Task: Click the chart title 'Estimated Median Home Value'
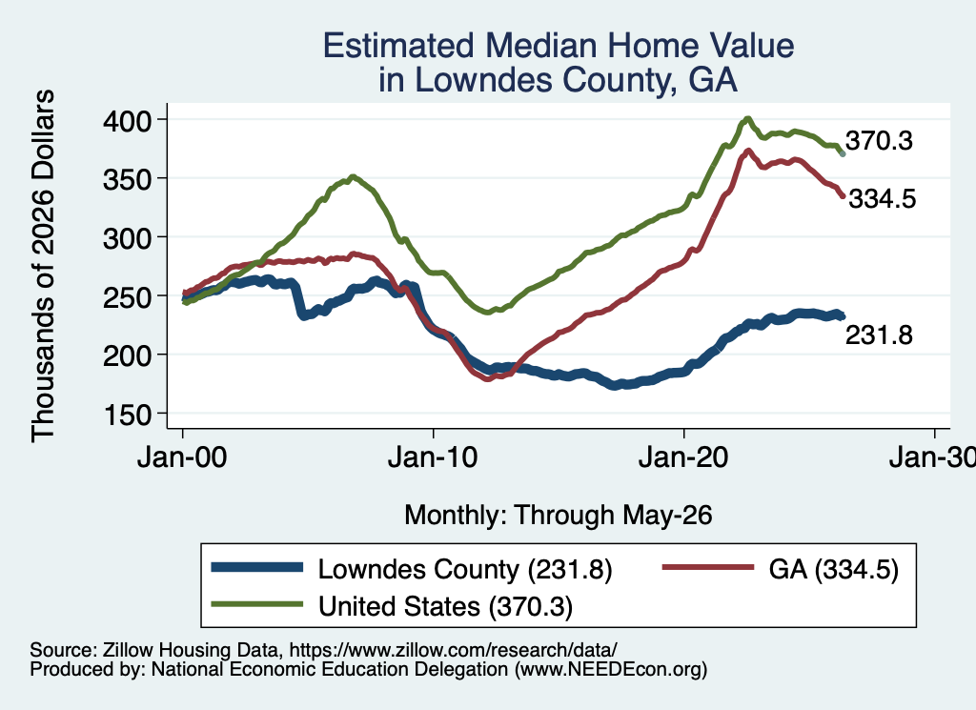559,46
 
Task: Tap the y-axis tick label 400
127,120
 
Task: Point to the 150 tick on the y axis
127,415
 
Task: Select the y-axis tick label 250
127,296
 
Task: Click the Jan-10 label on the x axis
433,458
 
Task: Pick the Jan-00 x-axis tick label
182,458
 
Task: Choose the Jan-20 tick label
683,458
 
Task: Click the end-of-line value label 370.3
879,141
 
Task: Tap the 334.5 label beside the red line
883,199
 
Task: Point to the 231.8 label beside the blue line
879,335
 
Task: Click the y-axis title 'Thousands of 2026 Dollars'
43,266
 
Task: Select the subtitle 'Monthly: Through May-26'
559,516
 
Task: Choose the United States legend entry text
445,606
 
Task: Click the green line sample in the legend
257,604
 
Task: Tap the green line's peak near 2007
353,176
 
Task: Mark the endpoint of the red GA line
844,196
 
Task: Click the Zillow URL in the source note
453,650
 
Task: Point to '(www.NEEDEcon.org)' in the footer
611,670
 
